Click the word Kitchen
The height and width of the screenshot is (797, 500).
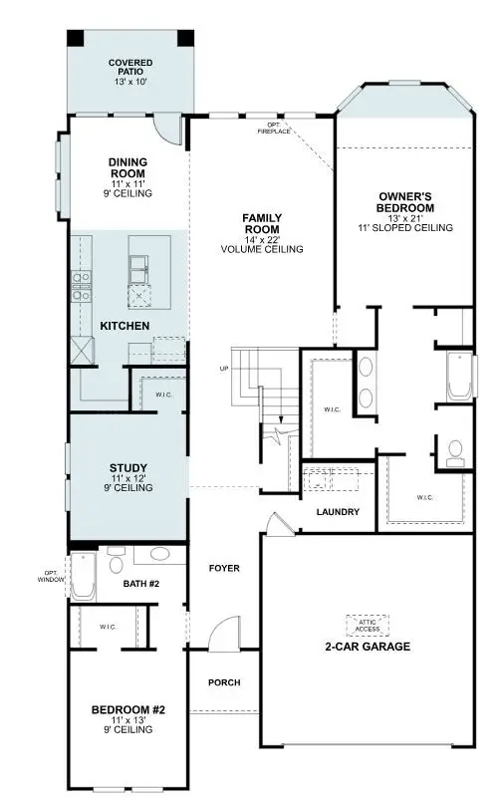click(x=125, y=326)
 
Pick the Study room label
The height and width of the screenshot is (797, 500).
click(x=127, y=467)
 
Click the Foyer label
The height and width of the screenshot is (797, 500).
click(x=224, y=569)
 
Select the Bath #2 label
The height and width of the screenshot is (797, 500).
click(x=141, y=584)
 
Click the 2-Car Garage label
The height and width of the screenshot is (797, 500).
click(x=369, y=647)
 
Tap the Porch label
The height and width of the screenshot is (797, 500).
click(x=223, y=682)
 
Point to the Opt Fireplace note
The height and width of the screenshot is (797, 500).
click(x=273, y=128)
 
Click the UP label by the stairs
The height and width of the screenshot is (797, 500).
click(x=224, y=369)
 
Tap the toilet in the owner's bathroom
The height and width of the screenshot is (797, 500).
click(x=456, y=453)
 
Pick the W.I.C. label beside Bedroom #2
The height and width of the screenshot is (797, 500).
click(x=108, y=628)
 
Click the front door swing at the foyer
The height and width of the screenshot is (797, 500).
click(x=225, y=633)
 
